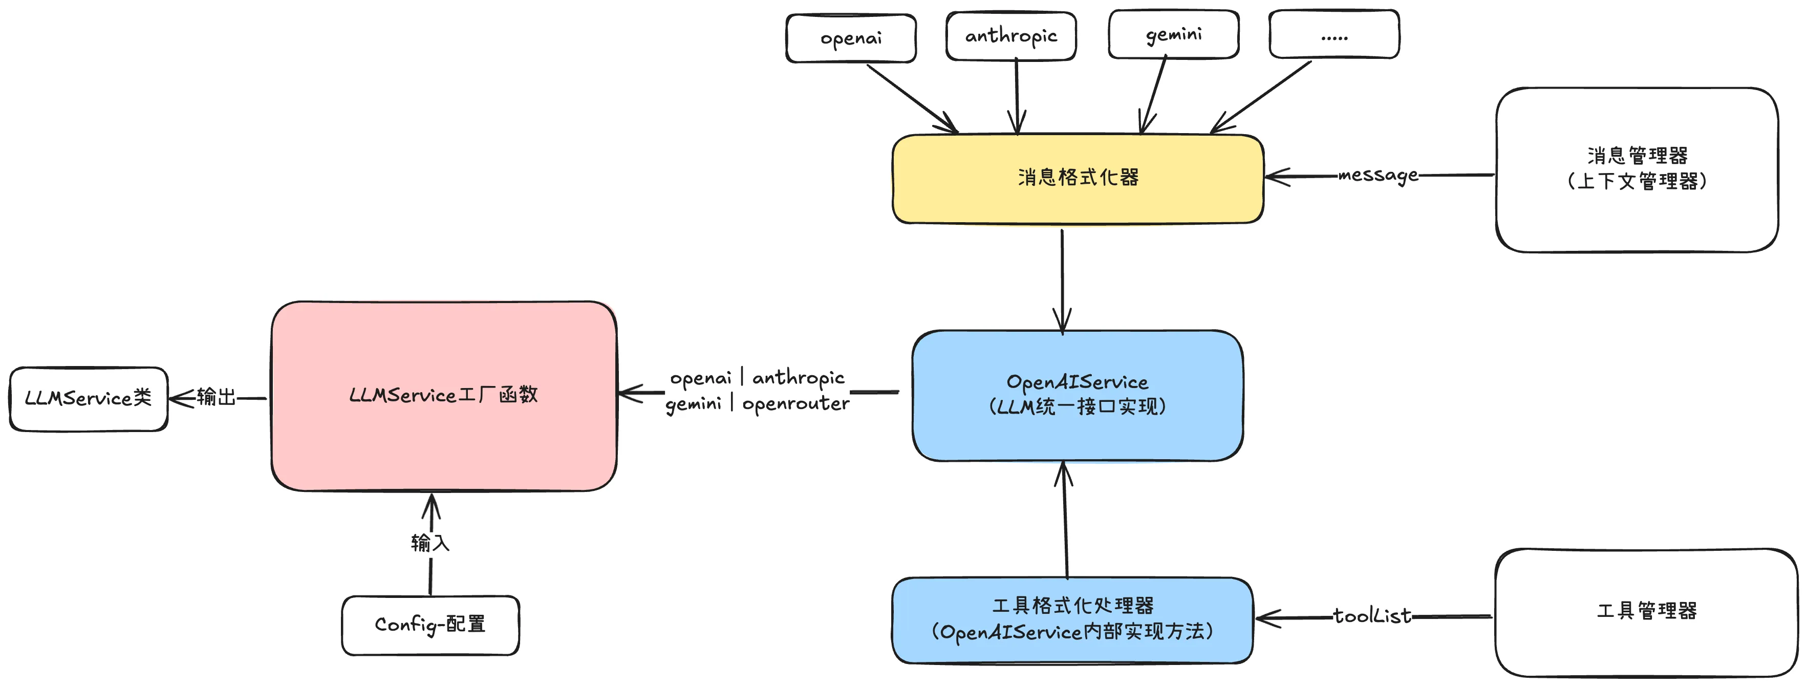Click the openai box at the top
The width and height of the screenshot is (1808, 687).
[x=851, y=38]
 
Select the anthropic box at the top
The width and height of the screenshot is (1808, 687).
[x=1010, y=36]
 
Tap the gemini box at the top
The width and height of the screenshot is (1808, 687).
[x=1173, y=34]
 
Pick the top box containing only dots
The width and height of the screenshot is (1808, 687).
[x=1333, y=34]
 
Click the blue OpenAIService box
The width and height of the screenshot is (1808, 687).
[x=1078, y=395]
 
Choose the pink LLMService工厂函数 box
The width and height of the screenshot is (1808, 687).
[x=444, y=396]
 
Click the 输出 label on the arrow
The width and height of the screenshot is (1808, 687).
[x=216, y=397]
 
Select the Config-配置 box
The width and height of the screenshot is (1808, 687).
[x=430, y=625]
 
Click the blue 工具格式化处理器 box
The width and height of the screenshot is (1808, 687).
[x=1072, y=619]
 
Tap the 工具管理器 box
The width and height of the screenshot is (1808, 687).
[x=1646, y=612]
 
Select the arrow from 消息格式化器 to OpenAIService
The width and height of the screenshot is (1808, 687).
[x=1062, y=281]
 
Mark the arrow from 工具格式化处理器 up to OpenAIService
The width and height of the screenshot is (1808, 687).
[x=1065, y=519]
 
